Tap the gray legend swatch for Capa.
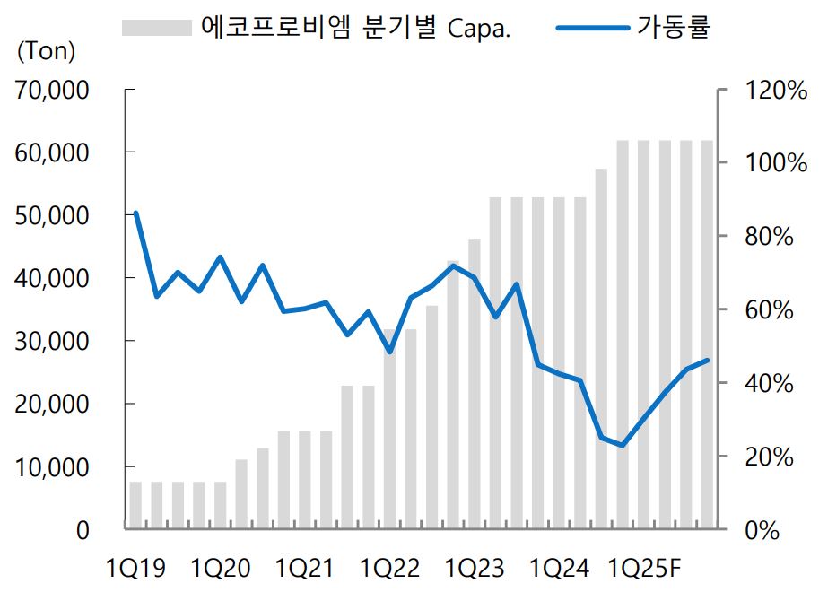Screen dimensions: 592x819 [x=158, y=27]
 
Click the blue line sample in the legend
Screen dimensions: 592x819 [x=593, y=27]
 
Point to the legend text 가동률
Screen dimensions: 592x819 [x=675, y=27]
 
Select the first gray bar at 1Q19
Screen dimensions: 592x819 [x=135, y=506]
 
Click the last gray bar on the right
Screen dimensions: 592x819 [x=707, y=335]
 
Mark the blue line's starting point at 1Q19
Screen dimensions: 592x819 [x=135, y=213]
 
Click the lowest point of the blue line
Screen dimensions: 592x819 [x=622, y=445]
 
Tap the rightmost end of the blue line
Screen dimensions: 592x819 [x=707, y=361]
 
